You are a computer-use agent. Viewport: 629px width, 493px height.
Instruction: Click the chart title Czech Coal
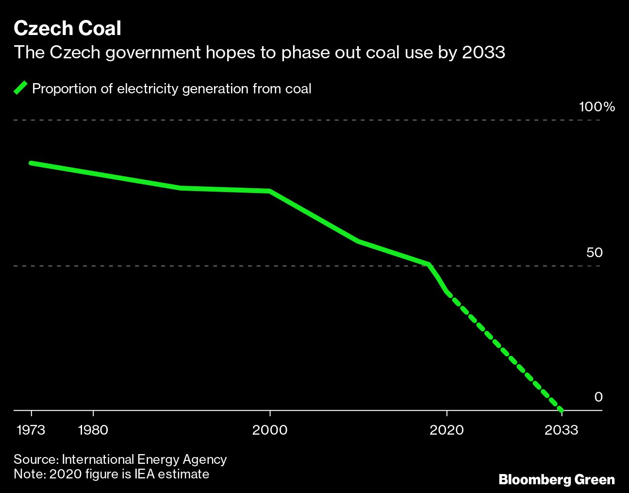[x=67, y=29]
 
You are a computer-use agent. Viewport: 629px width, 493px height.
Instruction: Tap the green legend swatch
[x=21, y=88]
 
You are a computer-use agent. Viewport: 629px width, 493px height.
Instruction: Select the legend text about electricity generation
[x=171, y=88]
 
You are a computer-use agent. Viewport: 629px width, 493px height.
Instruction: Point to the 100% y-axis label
[x=596, y=107]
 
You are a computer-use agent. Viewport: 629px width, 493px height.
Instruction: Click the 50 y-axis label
[x=594, y=252]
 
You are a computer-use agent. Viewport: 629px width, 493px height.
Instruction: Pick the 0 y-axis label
[x=598, y=397]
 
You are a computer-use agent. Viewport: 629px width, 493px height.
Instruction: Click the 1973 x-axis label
[x=31, y=430]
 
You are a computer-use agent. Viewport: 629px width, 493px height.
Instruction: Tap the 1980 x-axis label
[x=93, y=430]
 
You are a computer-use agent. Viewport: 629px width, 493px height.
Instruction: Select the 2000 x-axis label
[x=270, y=430]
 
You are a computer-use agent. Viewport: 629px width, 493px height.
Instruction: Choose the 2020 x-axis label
[x=447, y=430]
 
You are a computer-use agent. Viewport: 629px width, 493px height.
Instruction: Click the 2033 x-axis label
[x=562, y=430]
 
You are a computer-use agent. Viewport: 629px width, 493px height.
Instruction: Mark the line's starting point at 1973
[x=31, y=163]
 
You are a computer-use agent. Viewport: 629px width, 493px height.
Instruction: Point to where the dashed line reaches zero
[x=562, y=410]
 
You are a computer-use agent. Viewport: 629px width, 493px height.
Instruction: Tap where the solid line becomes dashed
[x=447, y=293]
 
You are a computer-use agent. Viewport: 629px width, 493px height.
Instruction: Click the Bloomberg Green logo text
[x=556, y=480]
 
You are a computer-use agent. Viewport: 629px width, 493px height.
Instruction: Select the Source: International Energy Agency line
[x=120, y=459]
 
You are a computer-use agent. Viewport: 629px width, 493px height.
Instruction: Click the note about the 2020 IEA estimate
[x=111, y=474]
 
